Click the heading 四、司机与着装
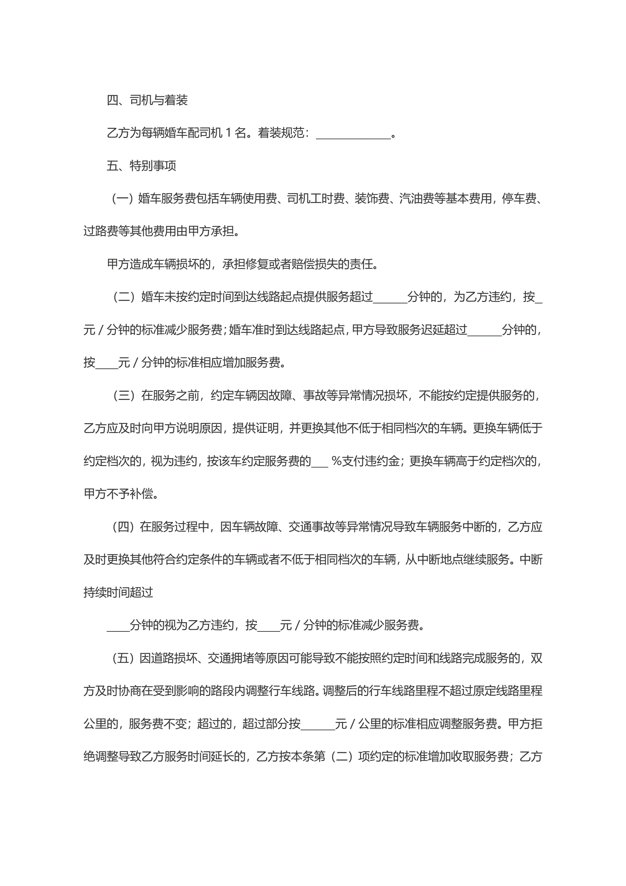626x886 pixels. (x=147, y=100)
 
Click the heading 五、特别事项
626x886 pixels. (x=141, y=166)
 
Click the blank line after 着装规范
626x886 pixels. (x=353, y=135)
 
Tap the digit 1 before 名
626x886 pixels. (x=228, y=133)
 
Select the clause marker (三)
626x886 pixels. (x=123, y=395)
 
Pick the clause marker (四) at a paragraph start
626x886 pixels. (x=123, y=527)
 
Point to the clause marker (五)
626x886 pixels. (x=123, y=658)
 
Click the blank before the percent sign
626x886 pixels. (x=319, y=463)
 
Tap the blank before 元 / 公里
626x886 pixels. (x=318, y=726)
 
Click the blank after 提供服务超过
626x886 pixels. (x=390, y=299)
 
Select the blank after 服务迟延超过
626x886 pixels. (x=484, y=332)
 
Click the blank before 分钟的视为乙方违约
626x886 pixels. (x=118, y=627)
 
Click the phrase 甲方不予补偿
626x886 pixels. (x=118, y=494)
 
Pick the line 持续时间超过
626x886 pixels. (x=118, y=592)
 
